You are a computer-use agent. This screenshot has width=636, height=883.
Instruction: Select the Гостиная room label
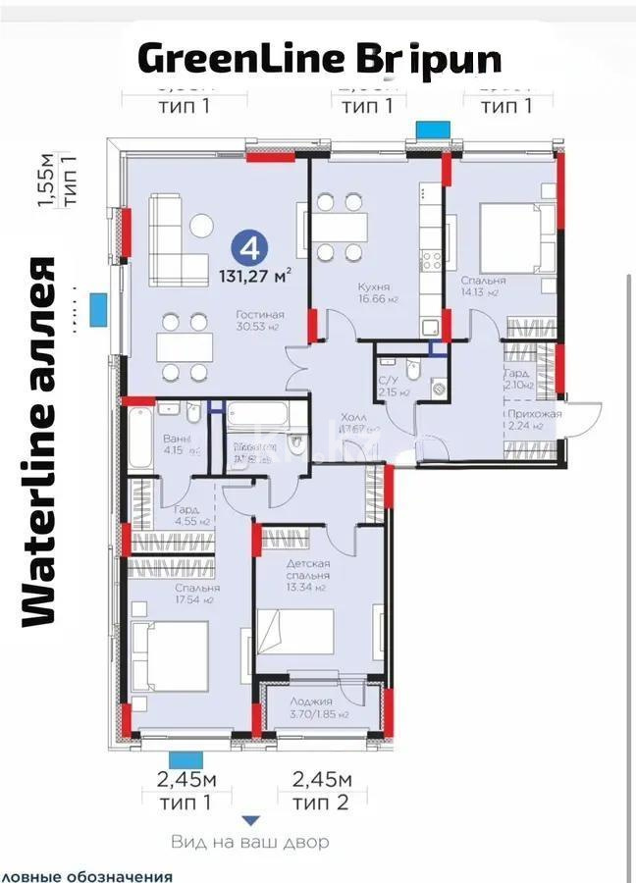click(x=259, y=319)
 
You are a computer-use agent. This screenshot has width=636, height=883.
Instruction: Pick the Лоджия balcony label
click(x=311, y=708)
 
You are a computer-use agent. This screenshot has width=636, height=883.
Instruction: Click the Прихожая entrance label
click(x=534, y=420)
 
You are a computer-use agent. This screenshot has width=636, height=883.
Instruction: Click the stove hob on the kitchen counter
click(x=430, y=260)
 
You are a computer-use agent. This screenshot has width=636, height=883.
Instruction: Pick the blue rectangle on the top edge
click(x=429, y=130)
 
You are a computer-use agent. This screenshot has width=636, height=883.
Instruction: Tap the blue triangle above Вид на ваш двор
click(x=251, y=820)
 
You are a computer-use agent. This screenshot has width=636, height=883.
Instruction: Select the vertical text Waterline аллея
click(x=44, y=441)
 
